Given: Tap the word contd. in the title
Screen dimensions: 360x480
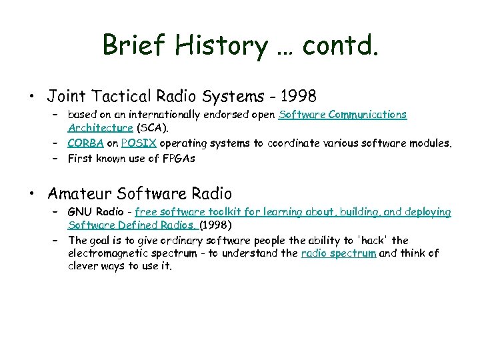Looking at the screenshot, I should click(x=340, y=45).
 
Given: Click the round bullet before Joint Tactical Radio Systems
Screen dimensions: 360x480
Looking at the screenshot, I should click(x=32, y=96).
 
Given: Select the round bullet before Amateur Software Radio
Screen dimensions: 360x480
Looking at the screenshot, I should click(x=32, y=194).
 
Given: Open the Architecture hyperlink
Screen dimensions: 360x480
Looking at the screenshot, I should click(x=100, y=127).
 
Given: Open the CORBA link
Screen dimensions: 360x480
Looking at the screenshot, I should click(x=84, y=143).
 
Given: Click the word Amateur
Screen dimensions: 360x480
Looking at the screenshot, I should click(x=79, y=194).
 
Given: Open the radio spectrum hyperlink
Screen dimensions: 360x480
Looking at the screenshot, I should click(x=339, y=253).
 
